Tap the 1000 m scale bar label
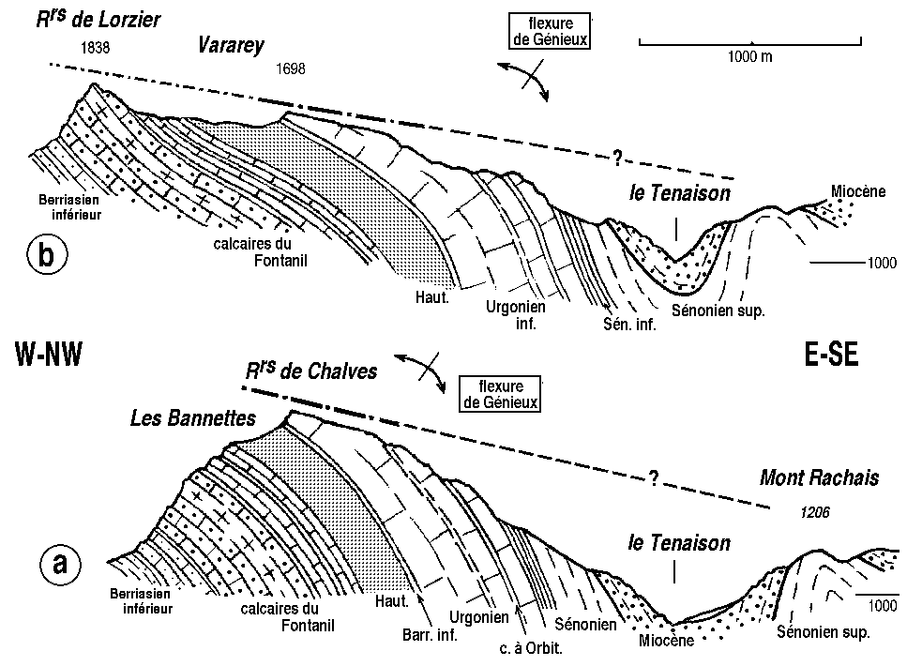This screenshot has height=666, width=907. tap(749, 56)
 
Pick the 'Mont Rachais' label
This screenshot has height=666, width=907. tap(820, 479)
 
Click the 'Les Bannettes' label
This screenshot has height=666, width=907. tap(193, 419)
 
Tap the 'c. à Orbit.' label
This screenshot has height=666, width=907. tap(530, 649)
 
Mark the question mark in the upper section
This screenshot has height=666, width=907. tap(617, 156)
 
